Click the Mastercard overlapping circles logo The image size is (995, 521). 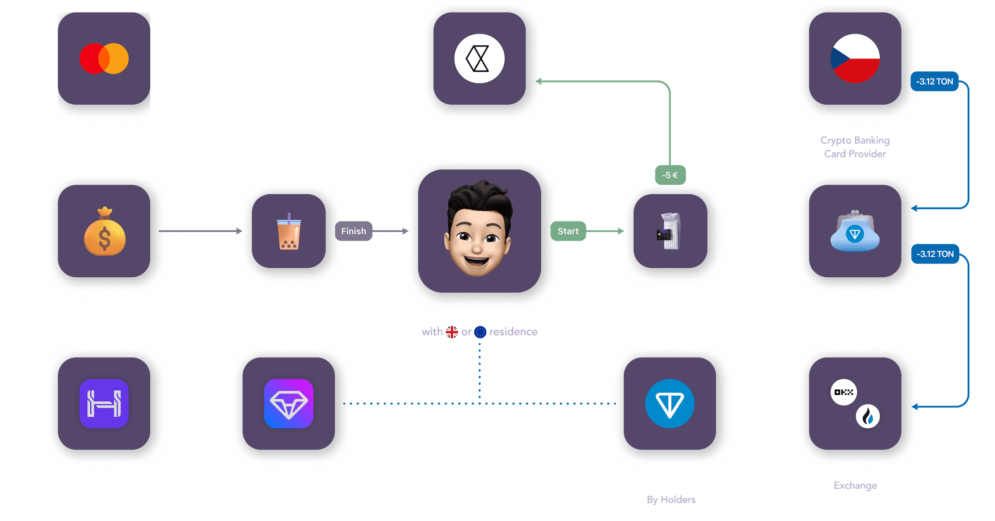(104, 58)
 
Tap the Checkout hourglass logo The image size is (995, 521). (479, 58)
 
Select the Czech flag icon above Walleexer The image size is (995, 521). (855, 58)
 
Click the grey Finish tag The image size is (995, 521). (353, 231)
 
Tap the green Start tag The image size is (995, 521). (568, 231)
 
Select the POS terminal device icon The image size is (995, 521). (670, 231)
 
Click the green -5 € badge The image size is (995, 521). (670, 175)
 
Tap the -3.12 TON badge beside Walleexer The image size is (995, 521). (935, 82)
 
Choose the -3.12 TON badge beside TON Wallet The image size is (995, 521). (935, 254)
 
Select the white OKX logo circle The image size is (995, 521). (843, 392)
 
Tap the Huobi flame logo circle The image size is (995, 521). (867, 416)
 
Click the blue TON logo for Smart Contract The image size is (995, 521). (670, 404)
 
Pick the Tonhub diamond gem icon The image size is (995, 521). (288, 404)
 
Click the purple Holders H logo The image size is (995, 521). (104, 404)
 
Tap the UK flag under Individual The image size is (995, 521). (452, 332)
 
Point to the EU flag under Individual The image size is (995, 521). (480, 332)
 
